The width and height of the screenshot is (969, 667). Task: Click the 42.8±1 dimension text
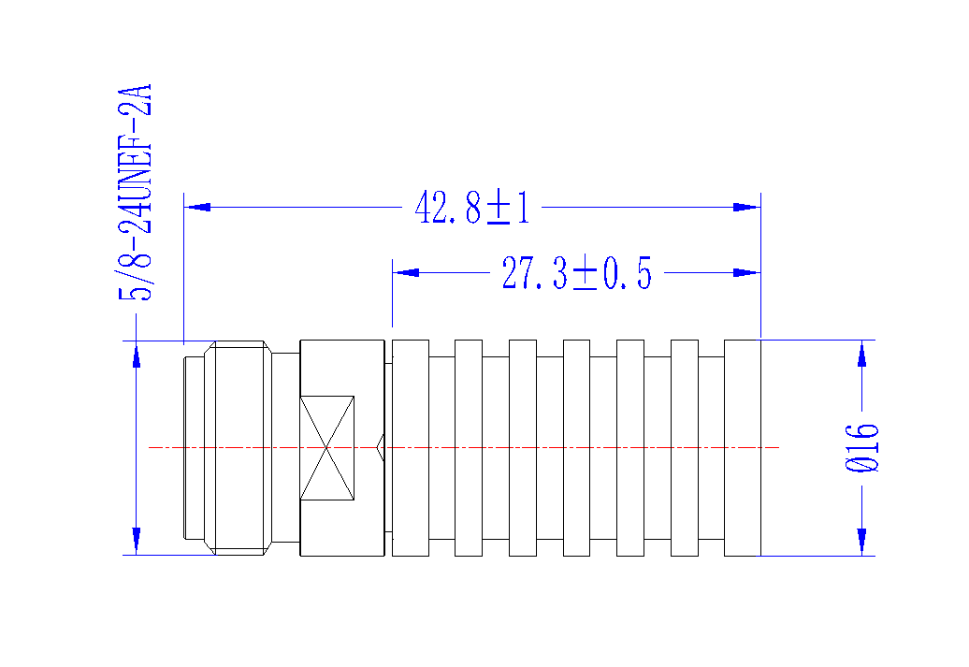click(x=472, y=208)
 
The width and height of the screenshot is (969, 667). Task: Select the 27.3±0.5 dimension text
click(x=576, y=273)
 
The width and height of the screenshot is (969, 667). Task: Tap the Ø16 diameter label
click(x=861, y=448)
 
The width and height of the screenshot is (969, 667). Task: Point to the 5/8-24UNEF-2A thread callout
click(x=134, y=193)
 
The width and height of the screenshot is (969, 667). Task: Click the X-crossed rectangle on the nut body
click(x=327, y=448)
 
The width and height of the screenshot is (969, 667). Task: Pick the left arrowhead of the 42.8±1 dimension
click(x=197, y=207)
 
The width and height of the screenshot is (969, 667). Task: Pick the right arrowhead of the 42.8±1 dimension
click(x=746, y=207)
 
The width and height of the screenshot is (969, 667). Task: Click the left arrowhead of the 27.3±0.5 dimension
click(x=406, y=272)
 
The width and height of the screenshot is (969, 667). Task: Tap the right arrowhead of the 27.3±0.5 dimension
click(x=746, y=272)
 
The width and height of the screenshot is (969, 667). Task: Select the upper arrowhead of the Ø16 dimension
click(x=862, y=354)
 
